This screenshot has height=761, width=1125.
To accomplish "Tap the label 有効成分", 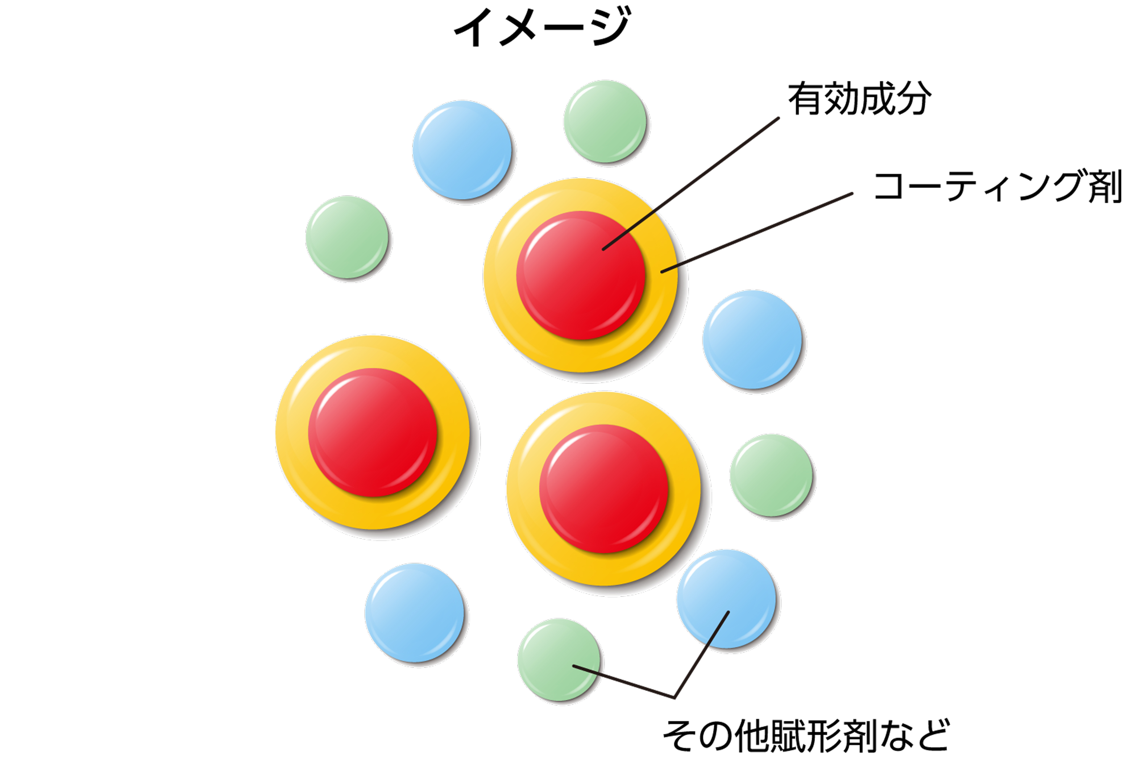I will pos(859,99).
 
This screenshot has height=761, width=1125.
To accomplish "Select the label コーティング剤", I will pos(997,186).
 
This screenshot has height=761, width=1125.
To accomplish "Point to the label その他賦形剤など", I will pos(806,736).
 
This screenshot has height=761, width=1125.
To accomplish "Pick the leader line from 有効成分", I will pos(692,183).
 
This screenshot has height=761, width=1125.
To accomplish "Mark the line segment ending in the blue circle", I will pos(702,653).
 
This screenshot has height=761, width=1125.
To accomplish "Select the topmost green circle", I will pos(605,121).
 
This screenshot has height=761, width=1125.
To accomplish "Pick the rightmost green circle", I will pos(771,475).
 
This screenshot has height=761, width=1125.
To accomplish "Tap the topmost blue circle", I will pos(462,150).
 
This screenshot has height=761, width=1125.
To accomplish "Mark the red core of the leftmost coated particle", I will pos(373,432).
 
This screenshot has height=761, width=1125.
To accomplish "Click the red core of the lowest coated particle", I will pos(604,488).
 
